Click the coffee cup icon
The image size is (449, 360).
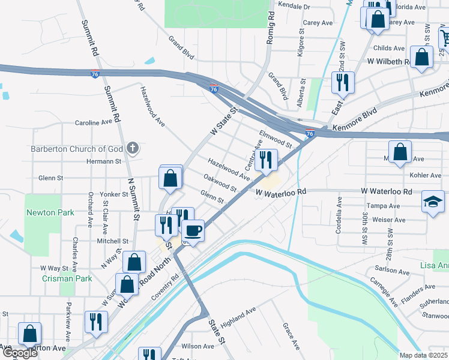coord(193,230)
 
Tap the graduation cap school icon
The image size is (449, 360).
coord(433,201)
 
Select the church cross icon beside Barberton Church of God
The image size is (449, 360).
coord(133,148)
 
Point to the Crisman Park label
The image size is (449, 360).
coord(67,278)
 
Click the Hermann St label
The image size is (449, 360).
coord(105,161)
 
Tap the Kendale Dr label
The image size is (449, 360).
coord(295,7)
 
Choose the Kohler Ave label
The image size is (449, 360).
coord(427,175)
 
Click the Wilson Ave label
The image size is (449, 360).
coord(197,346)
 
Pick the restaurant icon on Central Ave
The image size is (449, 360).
coord(264,160)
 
